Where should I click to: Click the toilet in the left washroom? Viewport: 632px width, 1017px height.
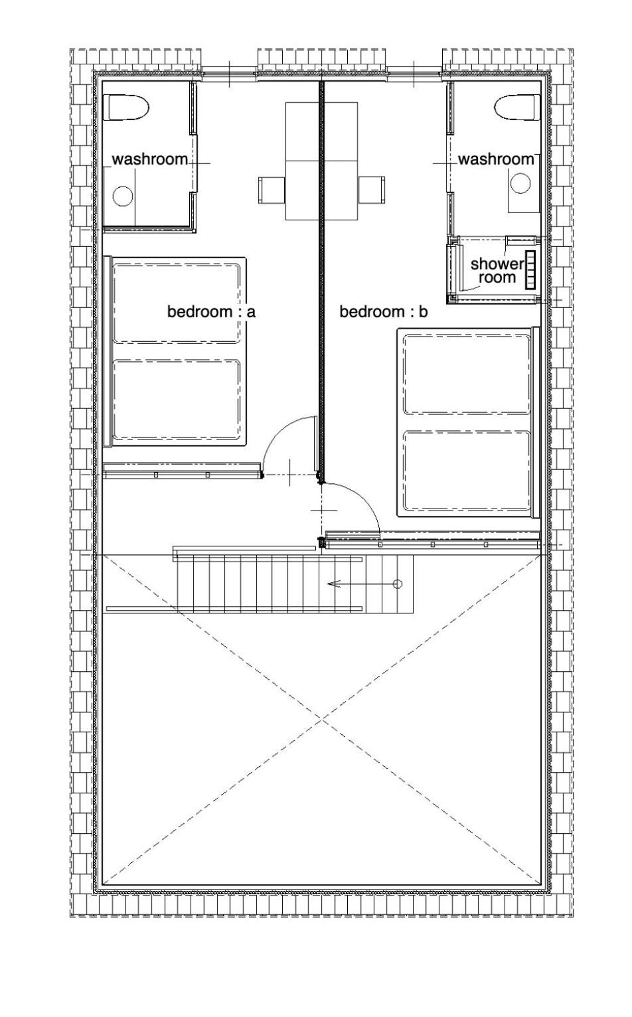(125, 108)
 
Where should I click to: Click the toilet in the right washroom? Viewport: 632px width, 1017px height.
(517, 108)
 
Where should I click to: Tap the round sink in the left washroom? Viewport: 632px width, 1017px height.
(123, 196)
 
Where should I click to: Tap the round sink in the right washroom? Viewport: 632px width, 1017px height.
(520, 183)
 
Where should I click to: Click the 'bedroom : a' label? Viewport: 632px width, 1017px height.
(211, 312)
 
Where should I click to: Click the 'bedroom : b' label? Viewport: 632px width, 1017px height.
(384, 312)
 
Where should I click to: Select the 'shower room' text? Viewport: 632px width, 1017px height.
(497, 271)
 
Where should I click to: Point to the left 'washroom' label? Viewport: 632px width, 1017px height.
(150, 159)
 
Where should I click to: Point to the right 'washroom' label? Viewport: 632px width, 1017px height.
(496, 159)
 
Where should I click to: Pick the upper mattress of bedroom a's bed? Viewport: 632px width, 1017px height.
(176, 303)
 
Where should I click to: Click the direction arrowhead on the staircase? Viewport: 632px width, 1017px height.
(333, 584)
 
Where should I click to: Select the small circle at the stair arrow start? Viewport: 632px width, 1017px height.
(397, 584)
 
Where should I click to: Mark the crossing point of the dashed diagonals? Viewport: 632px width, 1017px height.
(322, 720)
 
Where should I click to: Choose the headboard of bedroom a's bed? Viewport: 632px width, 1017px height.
(108, 351)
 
